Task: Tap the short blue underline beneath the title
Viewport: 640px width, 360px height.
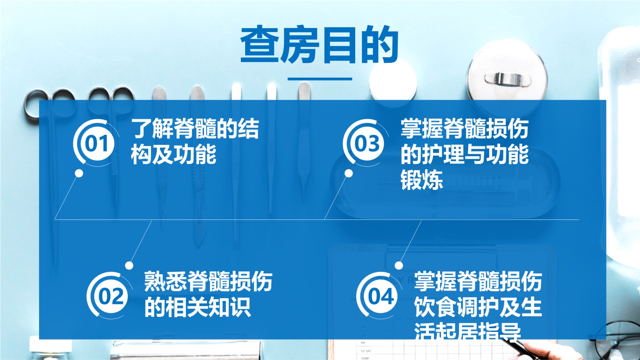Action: [320, 79]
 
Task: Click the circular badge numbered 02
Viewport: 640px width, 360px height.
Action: [110, 296]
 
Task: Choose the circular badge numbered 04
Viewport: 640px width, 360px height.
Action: [380, 296]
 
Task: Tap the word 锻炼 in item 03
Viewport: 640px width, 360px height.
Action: [421, 180]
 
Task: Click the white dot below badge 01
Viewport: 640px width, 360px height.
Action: [79, 173]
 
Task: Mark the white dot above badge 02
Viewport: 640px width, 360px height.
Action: [129, 265]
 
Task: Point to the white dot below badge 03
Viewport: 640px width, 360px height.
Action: [349, 173]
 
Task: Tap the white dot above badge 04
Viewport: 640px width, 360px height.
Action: [399, 265]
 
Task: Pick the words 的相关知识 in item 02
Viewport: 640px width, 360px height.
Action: [198, 307]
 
